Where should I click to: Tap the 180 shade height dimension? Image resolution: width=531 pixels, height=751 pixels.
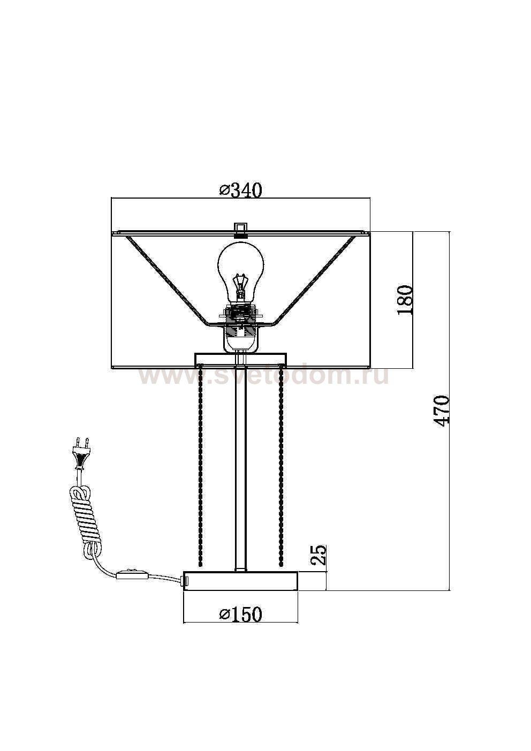point(404,300)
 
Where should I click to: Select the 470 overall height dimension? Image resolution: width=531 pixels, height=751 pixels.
point(441,411)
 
